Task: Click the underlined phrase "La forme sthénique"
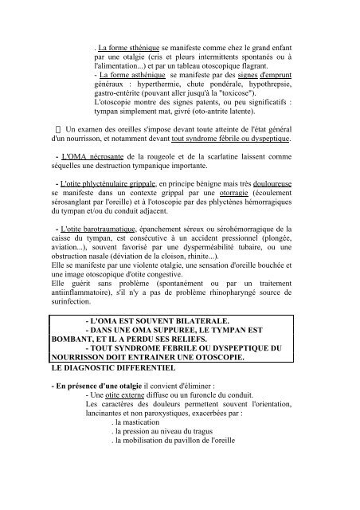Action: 129,36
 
